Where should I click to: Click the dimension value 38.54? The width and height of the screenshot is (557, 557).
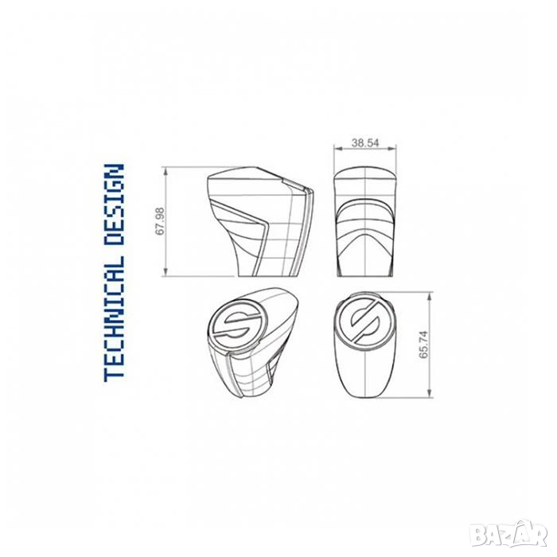pos(365,142)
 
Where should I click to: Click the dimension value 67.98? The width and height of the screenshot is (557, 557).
pos(160,221)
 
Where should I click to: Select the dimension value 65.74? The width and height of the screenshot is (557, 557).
pos(424,345)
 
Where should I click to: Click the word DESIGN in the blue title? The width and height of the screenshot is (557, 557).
pos(114,205)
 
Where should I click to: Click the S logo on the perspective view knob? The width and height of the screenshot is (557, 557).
pos(236,324)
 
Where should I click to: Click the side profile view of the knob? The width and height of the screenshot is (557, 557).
pos(260,221)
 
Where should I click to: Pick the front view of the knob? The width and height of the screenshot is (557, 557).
pos(365,223)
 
